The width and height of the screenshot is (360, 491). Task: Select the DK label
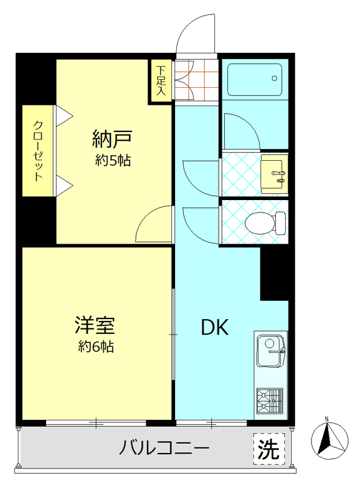coord(215,328)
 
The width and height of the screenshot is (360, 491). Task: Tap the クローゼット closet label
coord(39,150)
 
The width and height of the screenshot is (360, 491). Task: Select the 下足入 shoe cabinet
coord(161,80)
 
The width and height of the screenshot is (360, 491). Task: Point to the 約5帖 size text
coord(113,161)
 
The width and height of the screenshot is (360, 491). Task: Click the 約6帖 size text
coord(96,347)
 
